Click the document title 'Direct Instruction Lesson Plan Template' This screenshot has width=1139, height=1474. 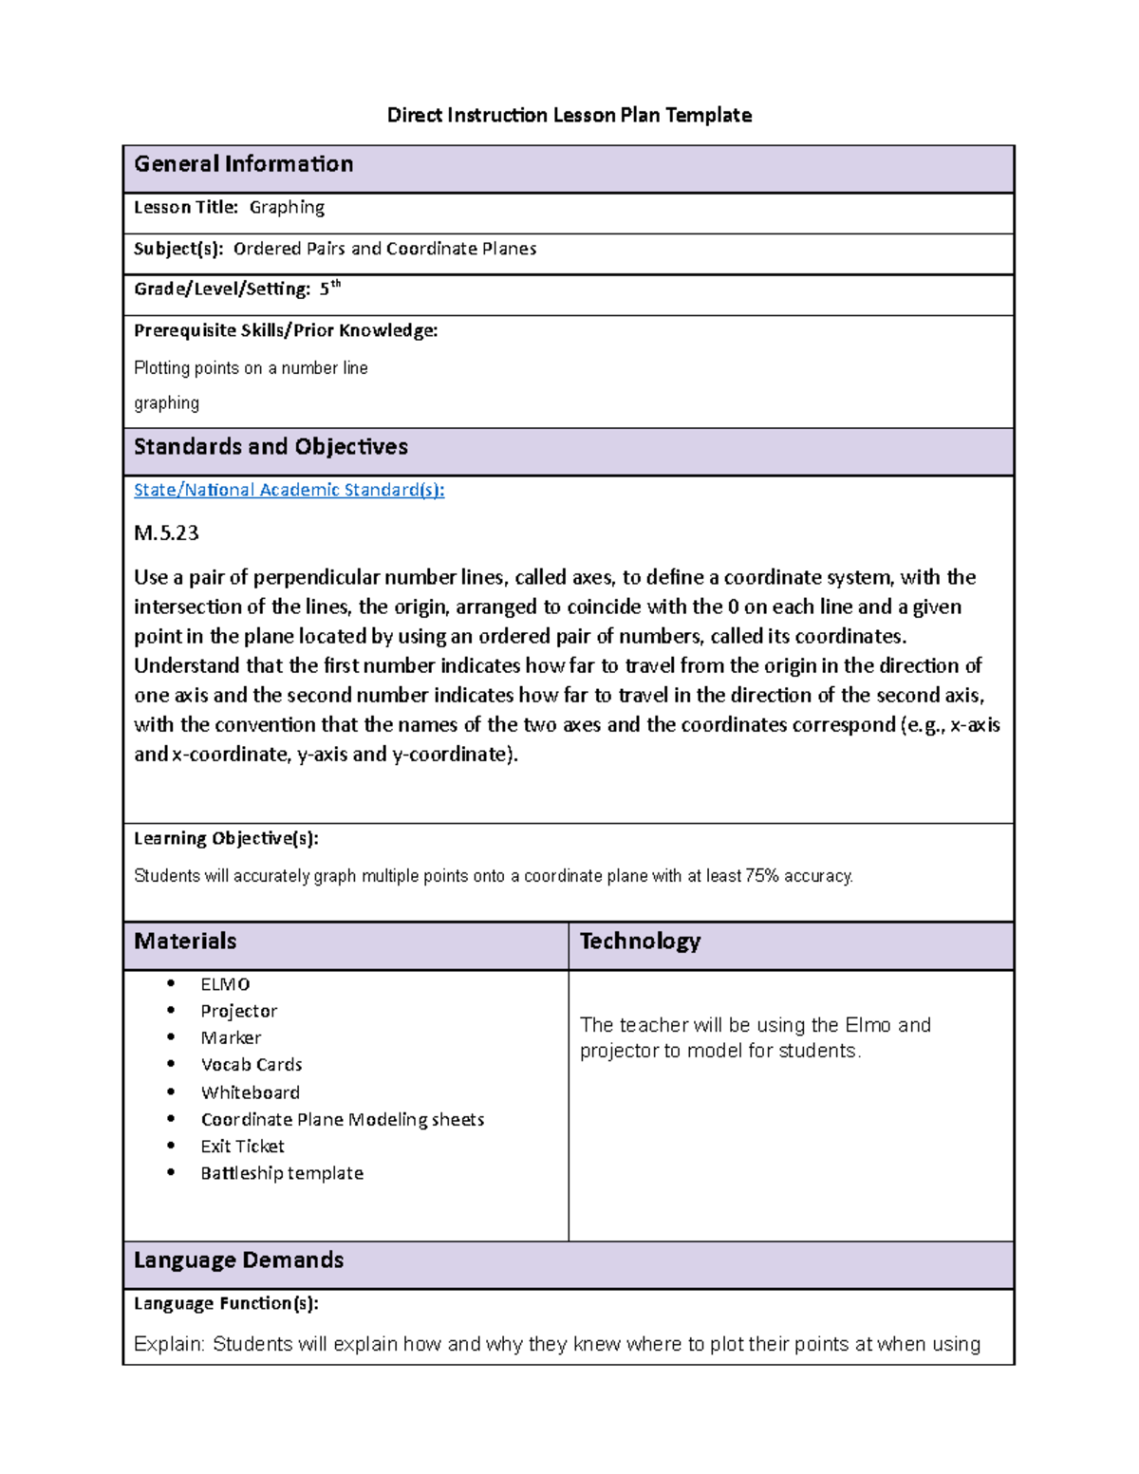[x=569, y=116]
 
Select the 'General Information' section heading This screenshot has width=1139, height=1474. [x=243, y=164]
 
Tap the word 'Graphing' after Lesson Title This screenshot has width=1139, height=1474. [x=287, y=207]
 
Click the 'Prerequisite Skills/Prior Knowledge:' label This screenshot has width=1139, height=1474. [x=286, y=330]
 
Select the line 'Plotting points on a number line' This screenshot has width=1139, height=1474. [x=251, y=368]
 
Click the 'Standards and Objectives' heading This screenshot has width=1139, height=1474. [x=271, y=447]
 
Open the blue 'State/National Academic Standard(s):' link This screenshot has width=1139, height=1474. [x=289, y=490]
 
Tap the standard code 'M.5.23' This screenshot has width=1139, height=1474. [x=166, y=532]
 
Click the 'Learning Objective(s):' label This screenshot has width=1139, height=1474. [x=226, y=838]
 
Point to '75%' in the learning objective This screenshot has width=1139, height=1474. [x=762, y=876]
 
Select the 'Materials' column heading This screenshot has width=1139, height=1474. [x=185, y=942]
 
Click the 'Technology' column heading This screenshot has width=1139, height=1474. [x=640, y=942]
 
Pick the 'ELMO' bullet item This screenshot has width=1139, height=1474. [x=225, y=984]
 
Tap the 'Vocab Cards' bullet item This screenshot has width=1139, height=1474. [x=252, y=1065]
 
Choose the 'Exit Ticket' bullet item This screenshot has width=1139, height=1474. [x=242, y=1147]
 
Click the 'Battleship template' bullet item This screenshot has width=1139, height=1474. [x=282, y=1173]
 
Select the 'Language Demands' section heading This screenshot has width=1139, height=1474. [x=238, y=1260]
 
